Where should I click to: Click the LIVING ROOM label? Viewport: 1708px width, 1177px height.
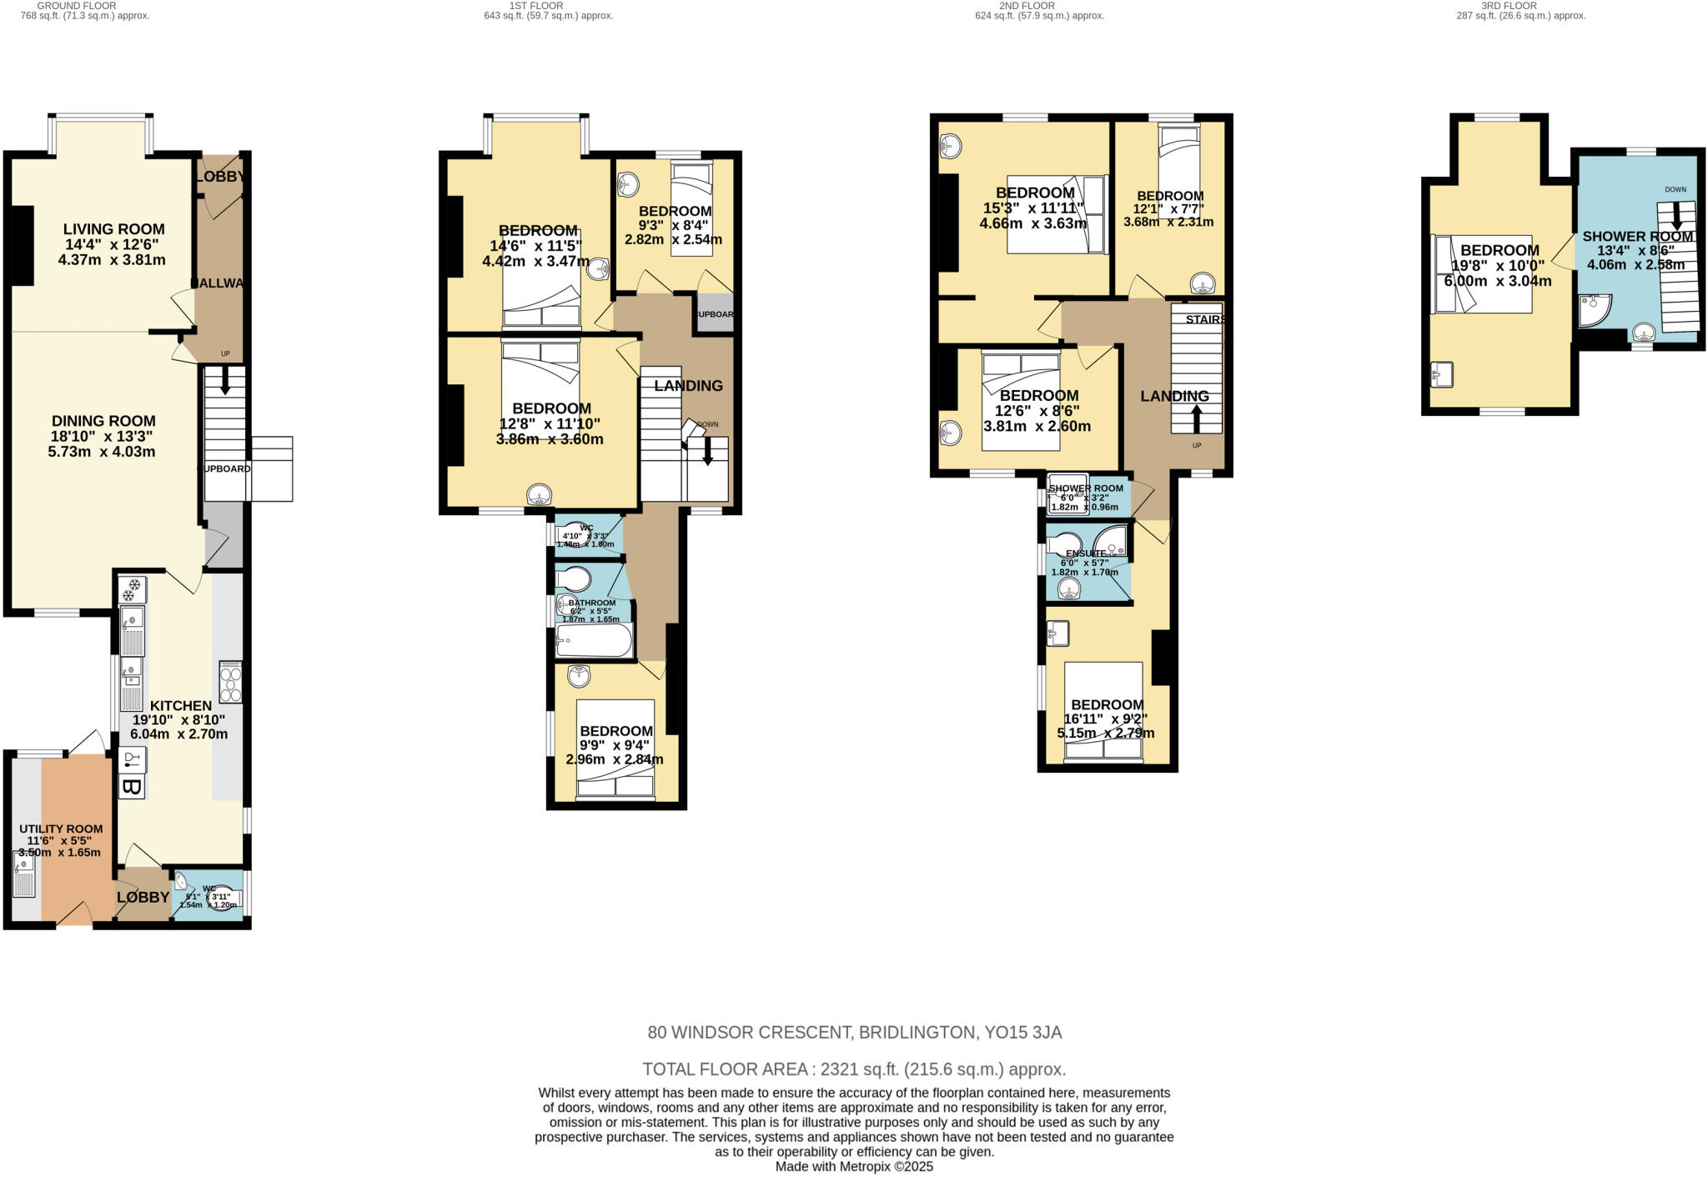coord(114,229)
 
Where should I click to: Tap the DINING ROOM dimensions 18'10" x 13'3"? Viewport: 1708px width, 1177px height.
coord(103,436)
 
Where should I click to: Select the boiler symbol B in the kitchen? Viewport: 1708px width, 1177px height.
coord(131,787)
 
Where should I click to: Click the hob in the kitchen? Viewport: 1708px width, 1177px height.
coord(230,682)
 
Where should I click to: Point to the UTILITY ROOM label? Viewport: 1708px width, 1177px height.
coord(61,829)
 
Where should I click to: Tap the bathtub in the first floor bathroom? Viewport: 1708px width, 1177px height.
coord(594,641)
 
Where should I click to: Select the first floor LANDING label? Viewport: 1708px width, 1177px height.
coord(688,386)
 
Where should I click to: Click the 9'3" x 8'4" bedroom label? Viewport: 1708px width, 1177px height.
coord(675,212)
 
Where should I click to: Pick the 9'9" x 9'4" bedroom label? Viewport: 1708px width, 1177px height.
coord(616,731)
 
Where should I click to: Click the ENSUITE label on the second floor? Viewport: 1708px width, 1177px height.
coord(1086,553)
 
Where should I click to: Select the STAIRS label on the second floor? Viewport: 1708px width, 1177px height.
coord(1205,319)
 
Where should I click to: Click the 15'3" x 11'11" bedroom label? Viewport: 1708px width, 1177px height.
coord(1035,193)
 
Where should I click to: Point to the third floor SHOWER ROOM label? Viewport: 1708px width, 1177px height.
coord(1637,237)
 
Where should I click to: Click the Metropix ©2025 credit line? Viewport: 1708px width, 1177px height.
coord(854,1167)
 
